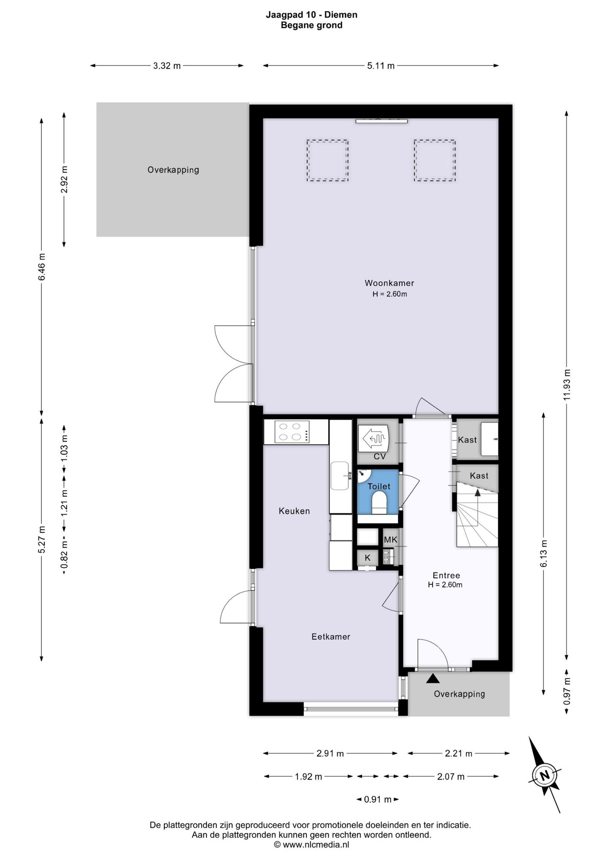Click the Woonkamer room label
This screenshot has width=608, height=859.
tap(389, 283)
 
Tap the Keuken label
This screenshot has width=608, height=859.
tap(294, 511)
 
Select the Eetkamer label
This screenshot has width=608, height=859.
tap(331, 637)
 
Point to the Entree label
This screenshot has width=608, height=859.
tap(446, 575)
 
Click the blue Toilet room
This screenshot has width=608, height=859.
tap(378, 492)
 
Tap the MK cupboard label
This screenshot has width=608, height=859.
tap(391, 540)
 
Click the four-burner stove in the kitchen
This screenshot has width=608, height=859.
tap(292, 432)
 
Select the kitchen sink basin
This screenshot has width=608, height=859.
tap(340, 475)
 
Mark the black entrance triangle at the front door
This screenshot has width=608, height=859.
tap(433, 678)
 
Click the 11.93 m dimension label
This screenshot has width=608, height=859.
tap(567, 385)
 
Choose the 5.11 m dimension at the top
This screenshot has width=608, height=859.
tap(381, 65)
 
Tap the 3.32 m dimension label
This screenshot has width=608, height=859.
tap(167, 65)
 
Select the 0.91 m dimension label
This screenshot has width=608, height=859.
tap(378, 799)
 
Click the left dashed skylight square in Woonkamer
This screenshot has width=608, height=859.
tap(327, 161)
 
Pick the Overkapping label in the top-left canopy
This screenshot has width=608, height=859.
tap(173, 170)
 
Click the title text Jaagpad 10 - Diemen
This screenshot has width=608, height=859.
tap(312, 15)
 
